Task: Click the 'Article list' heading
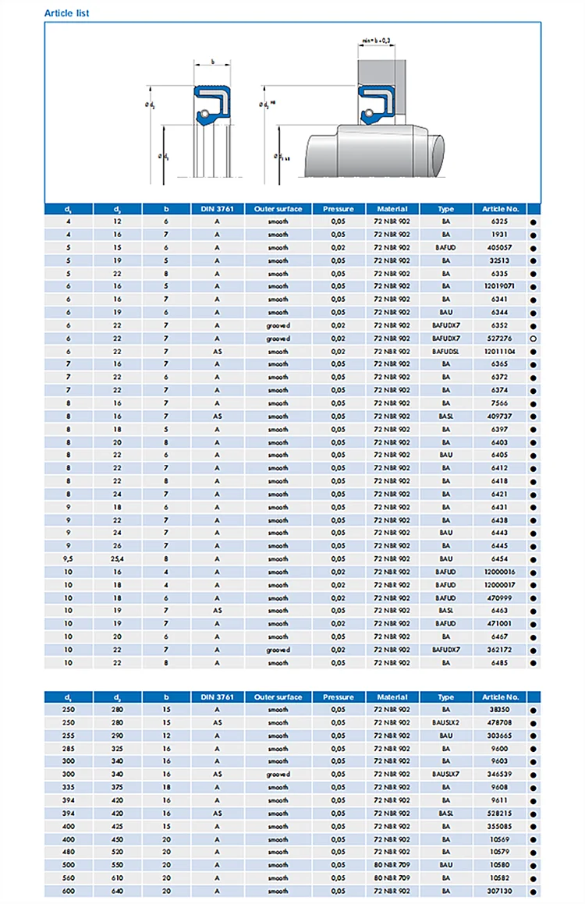click(x=66, y=13)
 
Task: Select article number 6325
click(x=500, y=222)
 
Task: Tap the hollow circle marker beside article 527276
click(x=534, y=339)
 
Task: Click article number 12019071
click(x=500, y=286)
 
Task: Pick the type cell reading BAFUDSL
click(x=446, y=351)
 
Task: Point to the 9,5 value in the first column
click(x=69, y=558)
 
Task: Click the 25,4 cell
click(x=117, y=558)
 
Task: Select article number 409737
click(x=500, y=416)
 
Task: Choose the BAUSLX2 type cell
click(x=446, y=723)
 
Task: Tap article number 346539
click(x=500, y=775)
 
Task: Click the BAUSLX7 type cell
click(x=446, y=775)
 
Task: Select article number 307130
click(x=500, y=891)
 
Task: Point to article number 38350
click(x=500, y=710)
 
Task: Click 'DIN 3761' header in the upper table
click(x=218, y=209)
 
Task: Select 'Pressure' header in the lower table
click(x=339, y=697)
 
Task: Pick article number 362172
click(x=500, y=650)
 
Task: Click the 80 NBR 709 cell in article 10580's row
click(x=392, y=865)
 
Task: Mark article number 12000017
click(x=500, y=585)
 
